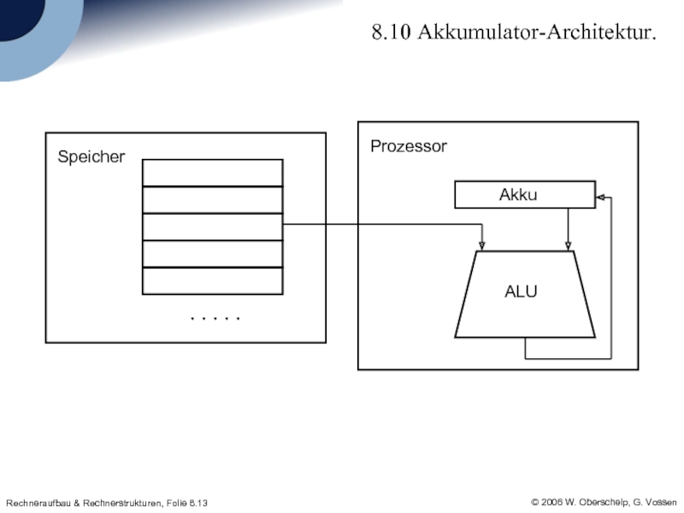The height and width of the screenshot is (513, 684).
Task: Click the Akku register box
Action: coord(523,195)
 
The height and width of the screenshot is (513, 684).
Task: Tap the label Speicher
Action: coord(91,157)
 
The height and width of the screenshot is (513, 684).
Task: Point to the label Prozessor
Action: coord(408,147)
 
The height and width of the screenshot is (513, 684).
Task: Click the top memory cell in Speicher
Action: coord(212,173)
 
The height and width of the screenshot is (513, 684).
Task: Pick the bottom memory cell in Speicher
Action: coord(212,281)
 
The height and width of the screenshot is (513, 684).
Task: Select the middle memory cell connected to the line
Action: coord(212,227)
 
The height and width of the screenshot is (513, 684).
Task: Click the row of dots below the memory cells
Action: coord(215,319)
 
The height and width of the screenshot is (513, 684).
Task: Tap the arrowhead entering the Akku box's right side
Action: coord(600,198)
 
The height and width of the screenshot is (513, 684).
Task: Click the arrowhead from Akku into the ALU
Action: coord(568,246)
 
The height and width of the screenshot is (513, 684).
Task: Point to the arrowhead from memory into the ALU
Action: coord(482,246)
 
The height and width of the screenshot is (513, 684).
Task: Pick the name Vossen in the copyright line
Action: coord(660,501)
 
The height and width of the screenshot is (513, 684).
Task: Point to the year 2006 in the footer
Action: coord(552,501)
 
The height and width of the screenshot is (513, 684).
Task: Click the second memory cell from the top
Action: coord(212,200)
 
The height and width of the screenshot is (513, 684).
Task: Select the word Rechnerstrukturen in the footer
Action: coord(117,502)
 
